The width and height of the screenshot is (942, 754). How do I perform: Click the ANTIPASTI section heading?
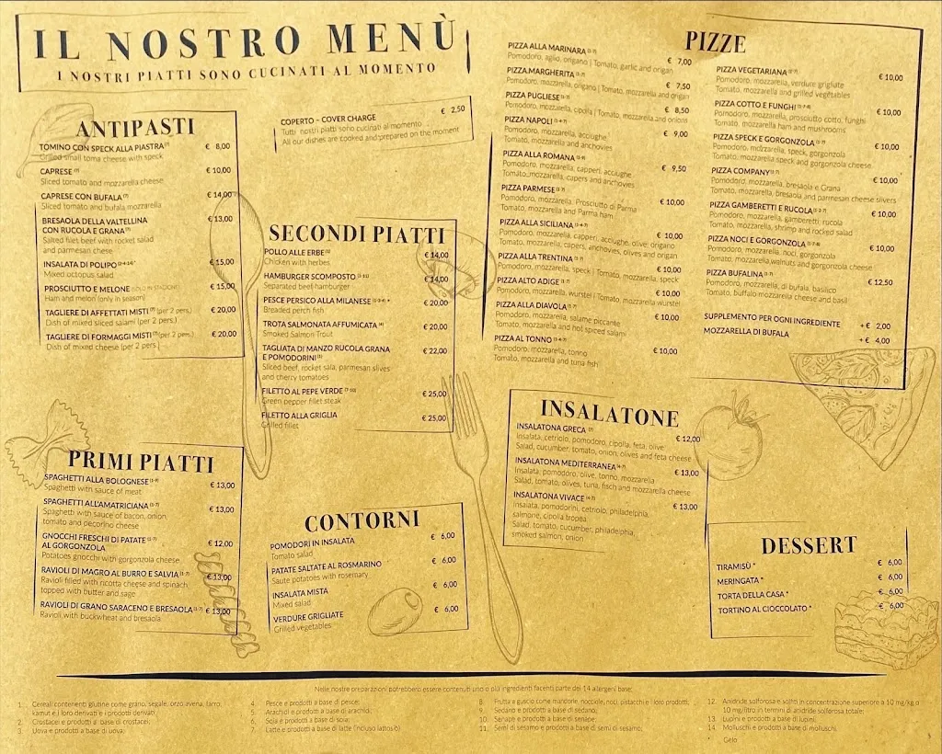[x=134, y=128]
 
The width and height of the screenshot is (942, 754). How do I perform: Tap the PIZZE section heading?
[x=715, y=41]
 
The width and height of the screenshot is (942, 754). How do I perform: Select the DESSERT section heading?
[x=809, y=545]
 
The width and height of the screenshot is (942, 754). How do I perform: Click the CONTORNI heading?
[x=362, y=522]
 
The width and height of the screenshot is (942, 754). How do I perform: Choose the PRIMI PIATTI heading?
[x=141, y=463]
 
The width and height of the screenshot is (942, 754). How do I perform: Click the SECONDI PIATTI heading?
[x=356, y=234]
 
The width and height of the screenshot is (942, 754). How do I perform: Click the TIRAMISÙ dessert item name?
[x=736, y=566]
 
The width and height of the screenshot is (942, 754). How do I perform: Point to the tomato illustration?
[x=730, y=433]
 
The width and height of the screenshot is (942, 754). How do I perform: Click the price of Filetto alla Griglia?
[x=434, y=418]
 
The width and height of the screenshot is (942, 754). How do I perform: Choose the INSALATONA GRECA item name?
[x=552, y=428]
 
